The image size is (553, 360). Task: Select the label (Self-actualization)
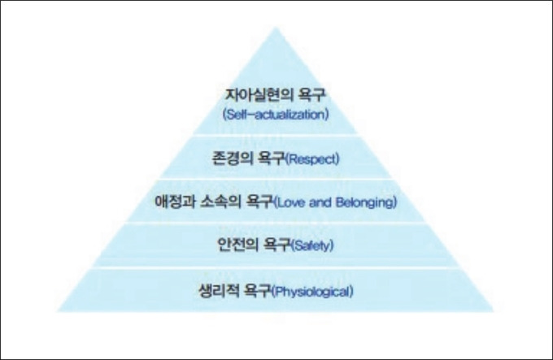point(276,115)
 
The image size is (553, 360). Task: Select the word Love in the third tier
point(292,201)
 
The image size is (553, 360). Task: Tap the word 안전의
point(237,244)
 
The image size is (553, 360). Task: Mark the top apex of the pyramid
point(276,28)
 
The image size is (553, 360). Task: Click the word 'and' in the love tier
point(321,201)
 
